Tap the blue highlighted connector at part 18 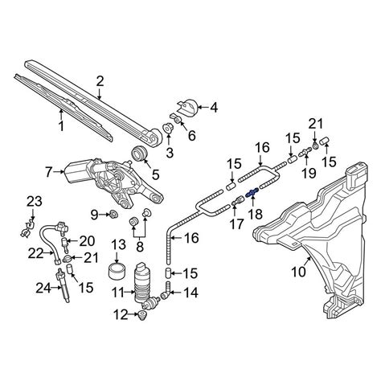pos(252,192)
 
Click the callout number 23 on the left pos(32,200)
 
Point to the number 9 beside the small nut pos(94,215)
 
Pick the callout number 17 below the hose pos(235,226)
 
